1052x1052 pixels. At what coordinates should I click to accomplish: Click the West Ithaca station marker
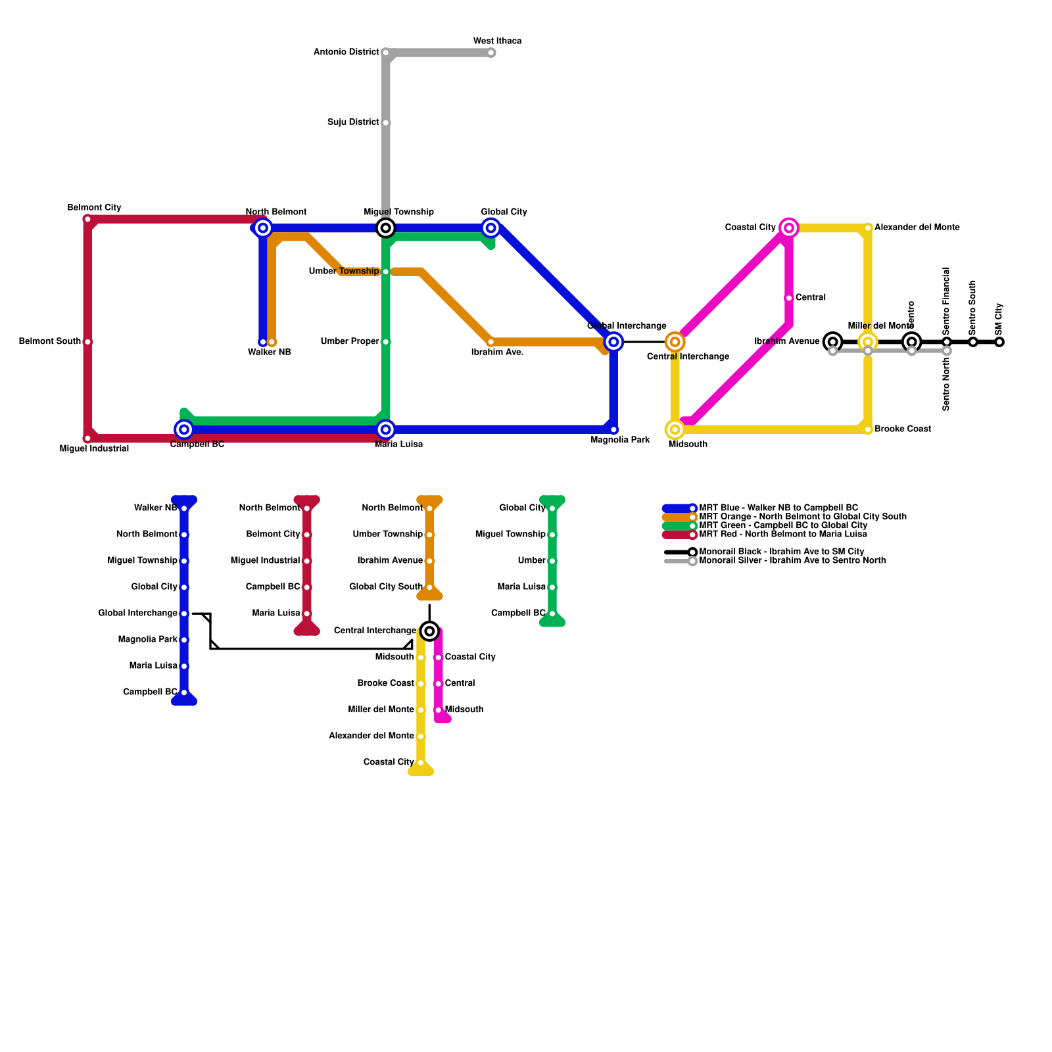[491, 53]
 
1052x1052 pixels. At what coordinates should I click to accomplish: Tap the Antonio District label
[347, 52]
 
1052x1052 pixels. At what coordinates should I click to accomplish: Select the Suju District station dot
[386, 123]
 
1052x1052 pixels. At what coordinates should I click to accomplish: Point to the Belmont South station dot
[87, 342]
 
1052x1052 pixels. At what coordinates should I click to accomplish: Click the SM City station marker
[999, 342]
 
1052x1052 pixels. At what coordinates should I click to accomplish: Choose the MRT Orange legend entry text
[803, 517]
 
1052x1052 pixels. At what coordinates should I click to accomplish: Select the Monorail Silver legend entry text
[792, 561]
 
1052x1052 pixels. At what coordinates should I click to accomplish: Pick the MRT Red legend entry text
[783, 534]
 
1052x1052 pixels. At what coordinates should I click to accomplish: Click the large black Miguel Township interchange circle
[386, 228]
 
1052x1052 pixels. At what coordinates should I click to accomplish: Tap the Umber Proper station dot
[386, 342]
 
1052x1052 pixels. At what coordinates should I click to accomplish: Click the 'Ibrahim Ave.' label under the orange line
[497, 352]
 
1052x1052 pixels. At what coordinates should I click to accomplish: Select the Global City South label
[386, 586]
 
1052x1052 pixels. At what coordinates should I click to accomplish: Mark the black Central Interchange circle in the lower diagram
[429, 631]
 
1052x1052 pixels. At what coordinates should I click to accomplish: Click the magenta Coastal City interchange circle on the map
[789, 228]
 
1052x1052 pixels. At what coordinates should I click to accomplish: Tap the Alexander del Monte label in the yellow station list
[371, 736]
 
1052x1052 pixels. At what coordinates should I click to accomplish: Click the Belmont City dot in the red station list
[307, 535]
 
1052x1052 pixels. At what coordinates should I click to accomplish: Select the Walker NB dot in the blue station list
[184, 508]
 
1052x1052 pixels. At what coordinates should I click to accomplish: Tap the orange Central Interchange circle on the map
[675, 342]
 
